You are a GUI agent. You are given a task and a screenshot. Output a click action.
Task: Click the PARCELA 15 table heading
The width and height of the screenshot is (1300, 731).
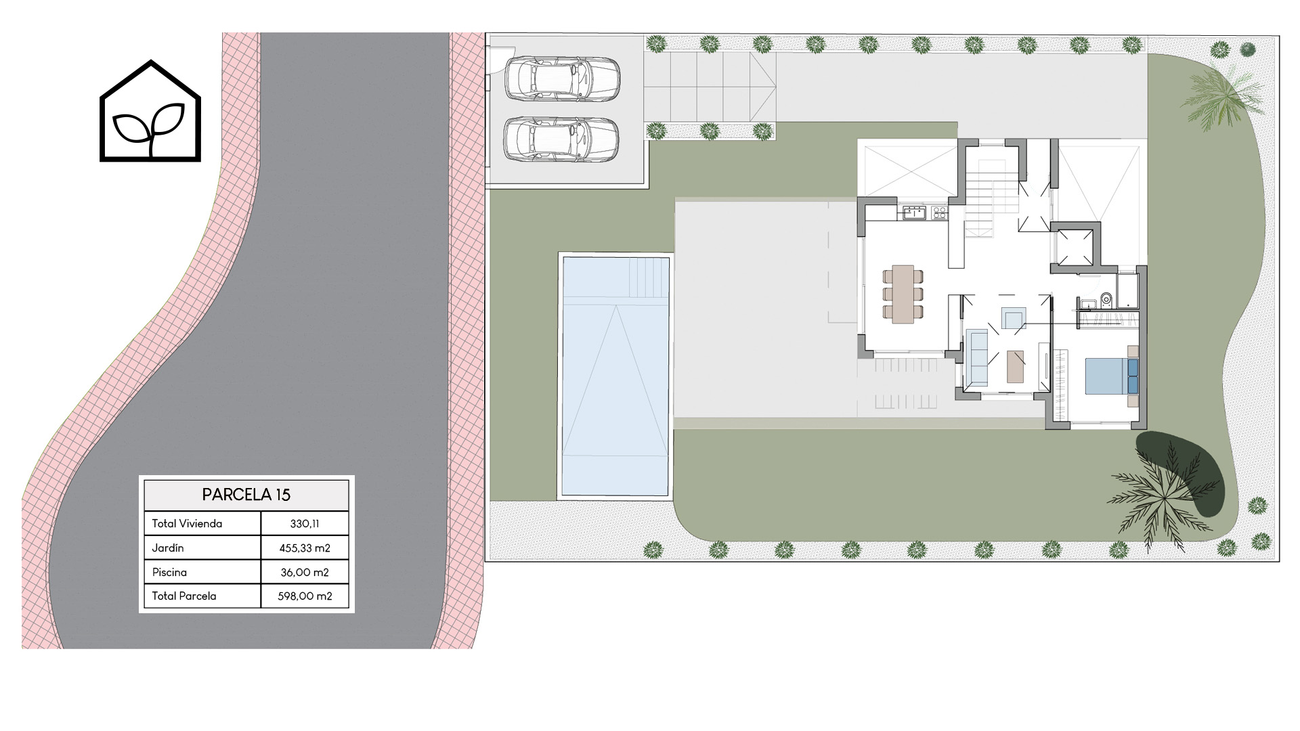tap(246, 495)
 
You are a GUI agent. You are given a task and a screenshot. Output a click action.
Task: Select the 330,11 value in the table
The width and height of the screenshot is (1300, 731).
tap(305, 523)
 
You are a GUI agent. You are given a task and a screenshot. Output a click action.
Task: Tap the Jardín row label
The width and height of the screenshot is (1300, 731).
tap(168, 548)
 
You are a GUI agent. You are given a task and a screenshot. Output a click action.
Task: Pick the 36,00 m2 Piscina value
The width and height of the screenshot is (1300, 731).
tap(305, 572)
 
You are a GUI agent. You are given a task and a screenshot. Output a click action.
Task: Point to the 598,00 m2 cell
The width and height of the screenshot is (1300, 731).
tap(305, 596)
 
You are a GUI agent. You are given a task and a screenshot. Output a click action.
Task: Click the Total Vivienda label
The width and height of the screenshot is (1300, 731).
tap(187, 523)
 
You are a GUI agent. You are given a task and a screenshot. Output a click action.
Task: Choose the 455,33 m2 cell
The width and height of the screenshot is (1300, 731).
tap(305, 548)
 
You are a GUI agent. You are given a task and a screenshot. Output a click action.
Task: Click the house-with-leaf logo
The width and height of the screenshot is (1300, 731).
tap(150, 111)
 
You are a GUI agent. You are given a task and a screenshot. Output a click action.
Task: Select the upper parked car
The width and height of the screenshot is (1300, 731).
tap(561, 79)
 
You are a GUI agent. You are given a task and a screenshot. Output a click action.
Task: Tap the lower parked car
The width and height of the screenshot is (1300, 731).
tap(561, 139)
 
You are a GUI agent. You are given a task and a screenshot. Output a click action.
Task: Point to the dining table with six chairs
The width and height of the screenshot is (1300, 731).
tap(903, 294)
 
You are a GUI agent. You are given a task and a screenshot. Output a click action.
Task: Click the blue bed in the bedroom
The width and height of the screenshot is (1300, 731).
tap(1111, 376)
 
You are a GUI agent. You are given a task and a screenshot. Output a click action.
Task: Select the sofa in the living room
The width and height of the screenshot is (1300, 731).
tap(977, 357)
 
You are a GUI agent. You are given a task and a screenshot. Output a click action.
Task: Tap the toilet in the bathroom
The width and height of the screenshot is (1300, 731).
tap(1106, 298)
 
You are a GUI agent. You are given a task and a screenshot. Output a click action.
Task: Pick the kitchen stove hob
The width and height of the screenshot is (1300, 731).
tap(939, 213)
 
